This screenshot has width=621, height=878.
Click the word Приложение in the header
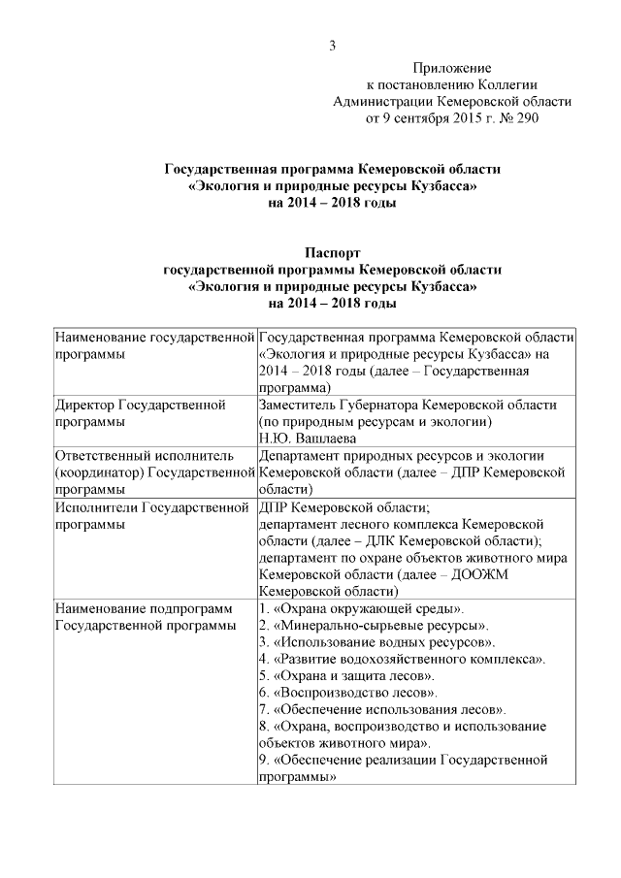451,68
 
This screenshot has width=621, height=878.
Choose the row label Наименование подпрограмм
145,608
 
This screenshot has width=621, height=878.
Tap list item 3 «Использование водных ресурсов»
378,641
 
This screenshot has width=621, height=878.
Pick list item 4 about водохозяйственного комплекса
401,659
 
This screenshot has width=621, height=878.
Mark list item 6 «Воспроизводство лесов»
348,693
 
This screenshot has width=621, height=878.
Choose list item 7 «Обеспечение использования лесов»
382,709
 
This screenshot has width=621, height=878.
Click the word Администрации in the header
381,101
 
